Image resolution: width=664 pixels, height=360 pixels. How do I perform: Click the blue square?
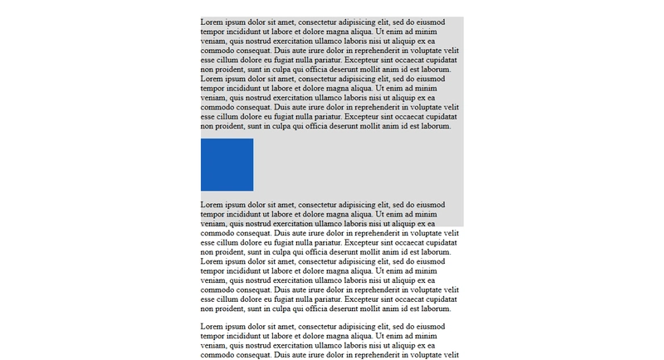click(x=227, y=164)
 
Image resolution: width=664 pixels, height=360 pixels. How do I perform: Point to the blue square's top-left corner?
click(x=201, y=139)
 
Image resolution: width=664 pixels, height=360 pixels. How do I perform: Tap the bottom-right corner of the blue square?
click(x=252, y=190)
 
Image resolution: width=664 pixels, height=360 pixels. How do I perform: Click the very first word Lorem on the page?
click(x=212, y=22)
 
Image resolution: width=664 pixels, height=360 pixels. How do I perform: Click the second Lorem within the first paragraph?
click(x=212, y=79)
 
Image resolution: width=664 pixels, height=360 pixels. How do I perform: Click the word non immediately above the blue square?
click(x=207, y=126)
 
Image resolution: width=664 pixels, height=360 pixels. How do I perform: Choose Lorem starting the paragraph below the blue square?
click(x=212, y=204)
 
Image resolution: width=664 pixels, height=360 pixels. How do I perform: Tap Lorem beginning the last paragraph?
click(x=212, y=327)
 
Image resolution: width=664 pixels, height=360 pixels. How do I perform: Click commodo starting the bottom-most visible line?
click(x=217, y=355)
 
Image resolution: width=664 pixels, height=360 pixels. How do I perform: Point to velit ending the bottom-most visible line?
click(x=452, y=355)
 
